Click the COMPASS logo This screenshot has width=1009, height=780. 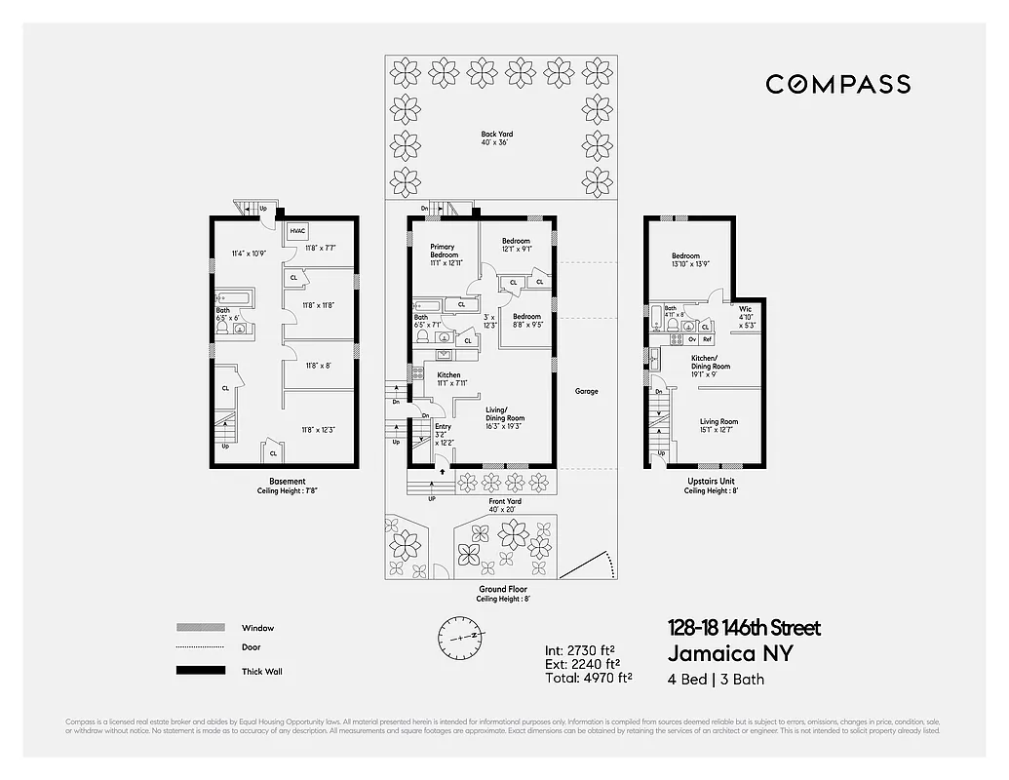click(x=837, y=85)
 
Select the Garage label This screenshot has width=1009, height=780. click(x=586, y=391)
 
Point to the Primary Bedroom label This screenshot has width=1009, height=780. click(x=444, y=252)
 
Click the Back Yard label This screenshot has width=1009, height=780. click(x=496, y=135)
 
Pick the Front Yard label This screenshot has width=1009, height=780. click(x=504, y=501)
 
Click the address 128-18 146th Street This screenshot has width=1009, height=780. click(x=744, y=628)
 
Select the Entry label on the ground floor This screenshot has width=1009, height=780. click(x=443, y=427)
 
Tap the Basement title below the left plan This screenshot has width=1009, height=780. click(x=287, y=481)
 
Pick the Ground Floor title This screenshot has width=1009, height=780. click(x=502, y=590)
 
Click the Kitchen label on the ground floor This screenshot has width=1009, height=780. click(x=448, y=374)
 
